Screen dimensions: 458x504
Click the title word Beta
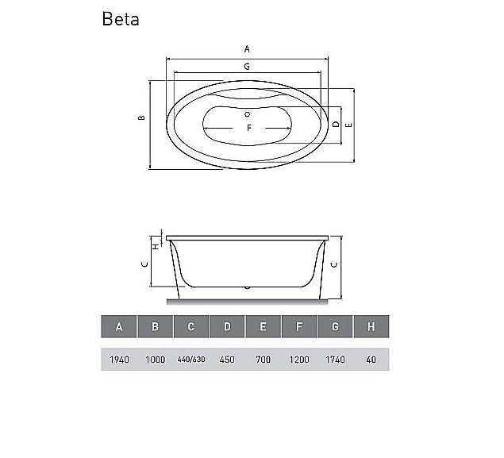tap(121, 19)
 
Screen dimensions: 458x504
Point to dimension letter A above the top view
tap(248, 49)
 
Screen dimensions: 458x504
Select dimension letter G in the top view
tap(248, 67)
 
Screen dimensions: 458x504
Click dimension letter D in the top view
tap(337, 125)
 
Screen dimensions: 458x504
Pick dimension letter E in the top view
tap(349, 125)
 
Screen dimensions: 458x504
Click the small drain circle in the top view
tap(248, 114)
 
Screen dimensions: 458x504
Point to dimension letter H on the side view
tap(156, 244)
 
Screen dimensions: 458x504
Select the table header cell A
tap(118, 327)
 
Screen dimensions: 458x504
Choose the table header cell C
tap(190, 327)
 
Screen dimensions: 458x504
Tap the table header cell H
tap(371, 327)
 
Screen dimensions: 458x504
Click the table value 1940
tap(118, 360)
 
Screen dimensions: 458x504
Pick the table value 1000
tap(155, 360)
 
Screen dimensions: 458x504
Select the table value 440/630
tap(190, 360)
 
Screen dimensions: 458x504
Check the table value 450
tap(227, 360)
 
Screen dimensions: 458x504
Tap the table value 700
tap(263, 360)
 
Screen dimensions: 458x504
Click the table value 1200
tap(298, 360)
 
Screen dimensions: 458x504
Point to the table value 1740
tap(335, 360)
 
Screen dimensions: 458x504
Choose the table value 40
tap(371, 360)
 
